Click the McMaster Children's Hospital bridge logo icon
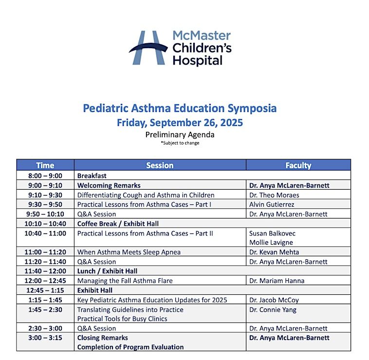click(148, 48)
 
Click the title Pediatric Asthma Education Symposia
click(180, 108)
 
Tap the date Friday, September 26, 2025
click(180, 123)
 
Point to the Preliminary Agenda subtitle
click(180, 135)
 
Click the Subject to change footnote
click(180, 143)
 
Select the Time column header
click(45, 165)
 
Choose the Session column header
click(160, 165)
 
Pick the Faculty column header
click(298, 165)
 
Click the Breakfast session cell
click(92, 176)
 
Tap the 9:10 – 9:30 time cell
click(45, 195)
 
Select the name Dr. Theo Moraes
click(274, 195)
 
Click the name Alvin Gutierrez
click(271, 204)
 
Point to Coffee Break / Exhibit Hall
click(118, 224)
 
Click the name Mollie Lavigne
click(272, 242)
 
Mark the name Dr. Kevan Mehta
click(274, 252)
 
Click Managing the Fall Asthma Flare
click(125, 281)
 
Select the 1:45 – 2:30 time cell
click(45, 309)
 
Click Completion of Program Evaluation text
click(130, 347)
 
